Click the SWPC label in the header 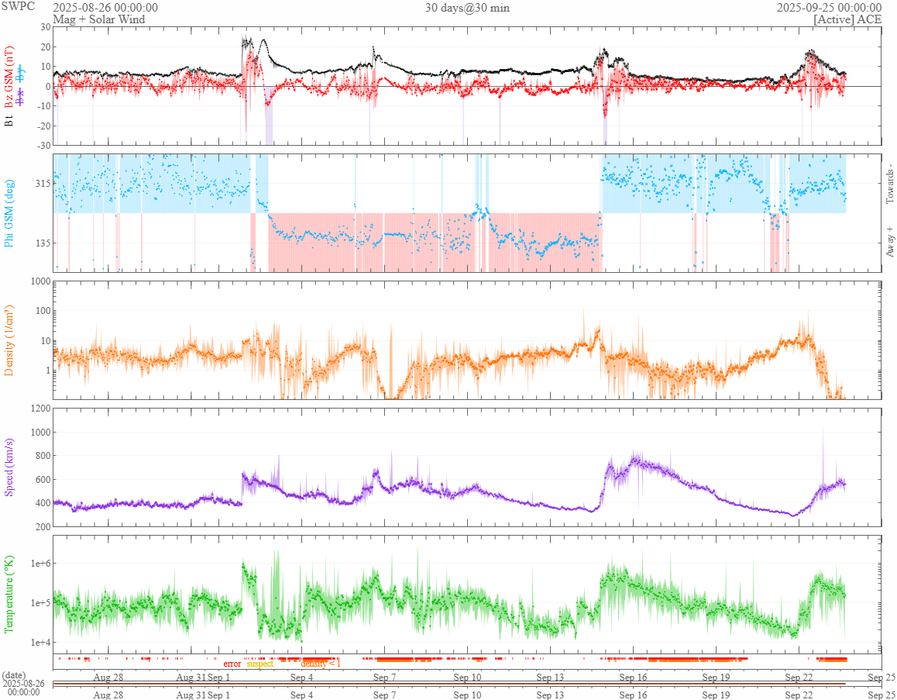15,7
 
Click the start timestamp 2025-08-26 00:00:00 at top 105,7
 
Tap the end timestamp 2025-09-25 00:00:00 829,7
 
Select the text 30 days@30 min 467,7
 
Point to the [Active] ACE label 847,19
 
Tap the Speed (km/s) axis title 10,467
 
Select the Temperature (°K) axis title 10,594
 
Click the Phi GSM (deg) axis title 10,212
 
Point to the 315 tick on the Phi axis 41,184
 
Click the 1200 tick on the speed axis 39,409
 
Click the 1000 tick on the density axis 39,281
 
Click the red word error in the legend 232,664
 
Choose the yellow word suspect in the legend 260,664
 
